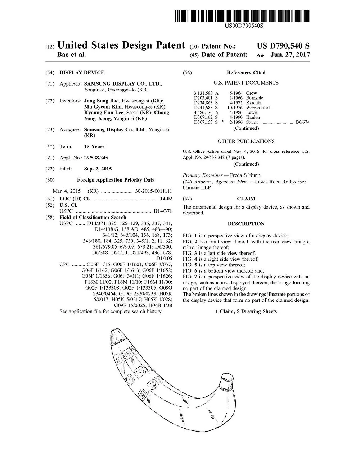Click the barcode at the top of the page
243,16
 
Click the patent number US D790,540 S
283,46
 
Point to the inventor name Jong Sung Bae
102,101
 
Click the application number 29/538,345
96,158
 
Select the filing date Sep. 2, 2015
98,169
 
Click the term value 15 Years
94,146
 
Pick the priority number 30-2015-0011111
153,191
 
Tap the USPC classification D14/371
163,211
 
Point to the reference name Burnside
255,98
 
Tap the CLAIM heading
246,199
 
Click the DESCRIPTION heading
246,224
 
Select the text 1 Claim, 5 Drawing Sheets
246,311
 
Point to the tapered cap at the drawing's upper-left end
117,336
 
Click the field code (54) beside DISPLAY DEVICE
50,73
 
